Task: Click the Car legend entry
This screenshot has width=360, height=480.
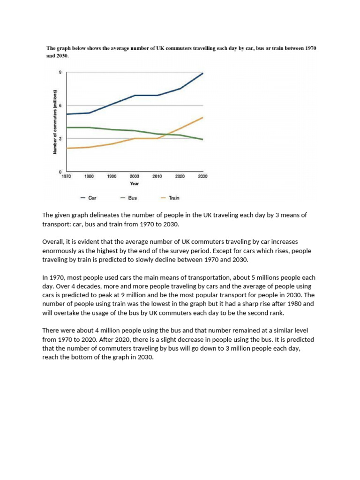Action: [89, 198]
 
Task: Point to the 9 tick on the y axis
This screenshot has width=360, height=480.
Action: [60, 73]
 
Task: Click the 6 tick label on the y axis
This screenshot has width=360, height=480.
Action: [60, 105]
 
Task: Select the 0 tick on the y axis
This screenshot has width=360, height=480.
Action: [60, 172]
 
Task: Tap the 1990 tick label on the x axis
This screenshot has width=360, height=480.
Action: [112, 177]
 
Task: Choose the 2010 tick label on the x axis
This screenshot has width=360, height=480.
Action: [157, 177]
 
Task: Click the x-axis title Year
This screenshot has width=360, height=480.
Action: [134, 184]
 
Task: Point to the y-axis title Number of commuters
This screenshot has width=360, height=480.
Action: [55, 122]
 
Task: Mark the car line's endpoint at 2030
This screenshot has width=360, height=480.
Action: [202, 73]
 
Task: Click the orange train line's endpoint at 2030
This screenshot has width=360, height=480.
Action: [202, 117]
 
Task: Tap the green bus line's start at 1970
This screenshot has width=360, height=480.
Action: [67, 127]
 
